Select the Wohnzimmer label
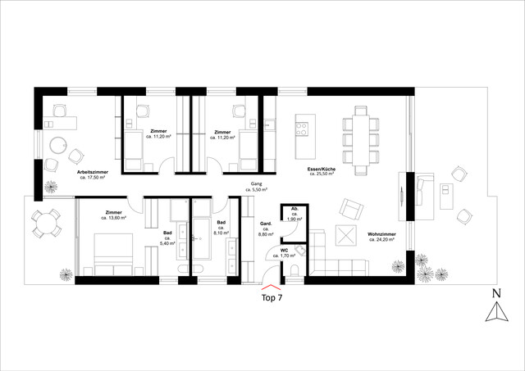click(383, 233)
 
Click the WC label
click(284, 250)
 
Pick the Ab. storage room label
click(293, 210)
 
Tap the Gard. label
click(265, 224)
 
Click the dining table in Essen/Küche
click(361, 139)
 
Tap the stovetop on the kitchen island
click(302, 129)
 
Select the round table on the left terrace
click(44, 222)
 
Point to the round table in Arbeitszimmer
click(58, 147)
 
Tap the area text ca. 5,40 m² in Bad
click(167, 244)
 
